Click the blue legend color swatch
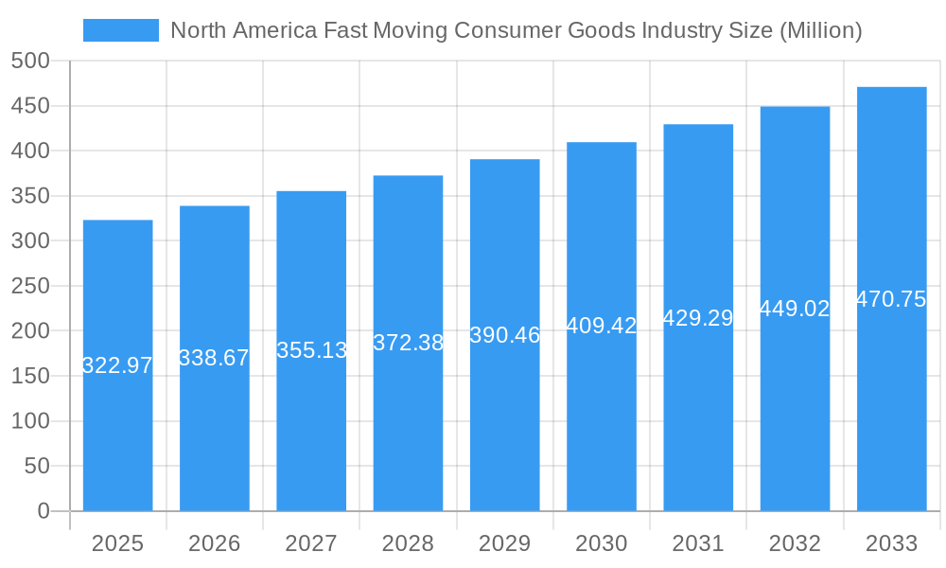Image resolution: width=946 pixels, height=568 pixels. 121,30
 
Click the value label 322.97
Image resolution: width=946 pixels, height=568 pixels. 117,365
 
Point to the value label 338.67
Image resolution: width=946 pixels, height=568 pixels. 214,358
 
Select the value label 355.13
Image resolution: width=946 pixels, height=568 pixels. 311,350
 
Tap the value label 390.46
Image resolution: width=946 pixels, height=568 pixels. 504,335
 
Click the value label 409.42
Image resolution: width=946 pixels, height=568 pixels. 602,326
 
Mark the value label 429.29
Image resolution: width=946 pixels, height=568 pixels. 698,318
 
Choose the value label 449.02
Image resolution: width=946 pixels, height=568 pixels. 795,309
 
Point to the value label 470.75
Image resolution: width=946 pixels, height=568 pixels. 891,299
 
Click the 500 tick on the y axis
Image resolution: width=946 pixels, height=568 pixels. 30,61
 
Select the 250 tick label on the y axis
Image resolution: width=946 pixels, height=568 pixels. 30,286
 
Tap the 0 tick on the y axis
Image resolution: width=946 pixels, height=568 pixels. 43,511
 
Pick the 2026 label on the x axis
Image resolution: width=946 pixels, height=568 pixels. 214,543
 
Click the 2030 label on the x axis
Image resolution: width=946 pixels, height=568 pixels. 602,543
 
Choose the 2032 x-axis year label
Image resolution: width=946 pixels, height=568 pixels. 795,543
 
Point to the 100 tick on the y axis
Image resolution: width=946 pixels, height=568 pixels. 30,421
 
